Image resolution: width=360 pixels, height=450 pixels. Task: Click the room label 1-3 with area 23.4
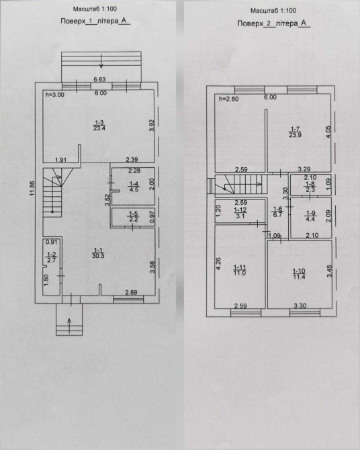[99, 126]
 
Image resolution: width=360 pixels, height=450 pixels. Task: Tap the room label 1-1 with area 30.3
[98, 253]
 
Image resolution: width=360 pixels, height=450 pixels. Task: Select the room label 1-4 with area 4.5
[134, 187]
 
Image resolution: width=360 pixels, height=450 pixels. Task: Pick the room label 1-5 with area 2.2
[134, 216]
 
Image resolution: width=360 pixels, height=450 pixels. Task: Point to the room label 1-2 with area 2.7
[52, 257]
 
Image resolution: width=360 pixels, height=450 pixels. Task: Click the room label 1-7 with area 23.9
[295, 132]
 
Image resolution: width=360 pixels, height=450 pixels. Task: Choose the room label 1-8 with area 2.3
[310, 187]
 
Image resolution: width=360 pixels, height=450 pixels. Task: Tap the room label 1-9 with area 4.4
[311, 216]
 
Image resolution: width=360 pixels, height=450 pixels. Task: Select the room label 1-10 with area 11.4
[299, 274]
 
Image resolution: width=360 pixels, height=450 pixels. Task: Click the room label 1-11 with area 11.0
[240, 270]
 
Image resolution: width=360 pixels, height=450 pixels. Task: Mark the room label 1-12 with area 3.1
[240, 213]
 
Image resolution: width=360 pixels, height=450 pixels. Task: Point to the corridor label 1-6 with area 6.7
[277, 212]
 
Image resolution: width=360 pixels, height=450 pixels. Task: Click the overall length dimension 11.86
[32, 188]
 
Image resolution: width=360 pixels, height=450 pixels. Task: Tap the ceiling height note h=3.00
[55, 95]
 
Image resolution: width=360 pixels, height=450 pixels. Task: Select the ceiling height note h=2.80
[229, 99]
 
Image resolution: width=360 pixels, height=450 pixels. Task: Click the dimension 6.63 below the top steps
[99, 79]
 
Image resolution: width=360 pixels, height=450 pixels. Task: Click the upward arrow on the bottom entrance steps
[69, 326]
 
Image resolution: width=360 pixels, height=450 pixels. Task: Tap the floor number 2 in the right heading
[269, 24]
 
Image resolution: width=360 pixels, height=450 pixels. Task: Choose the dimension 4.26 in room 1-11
[218, 264]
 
